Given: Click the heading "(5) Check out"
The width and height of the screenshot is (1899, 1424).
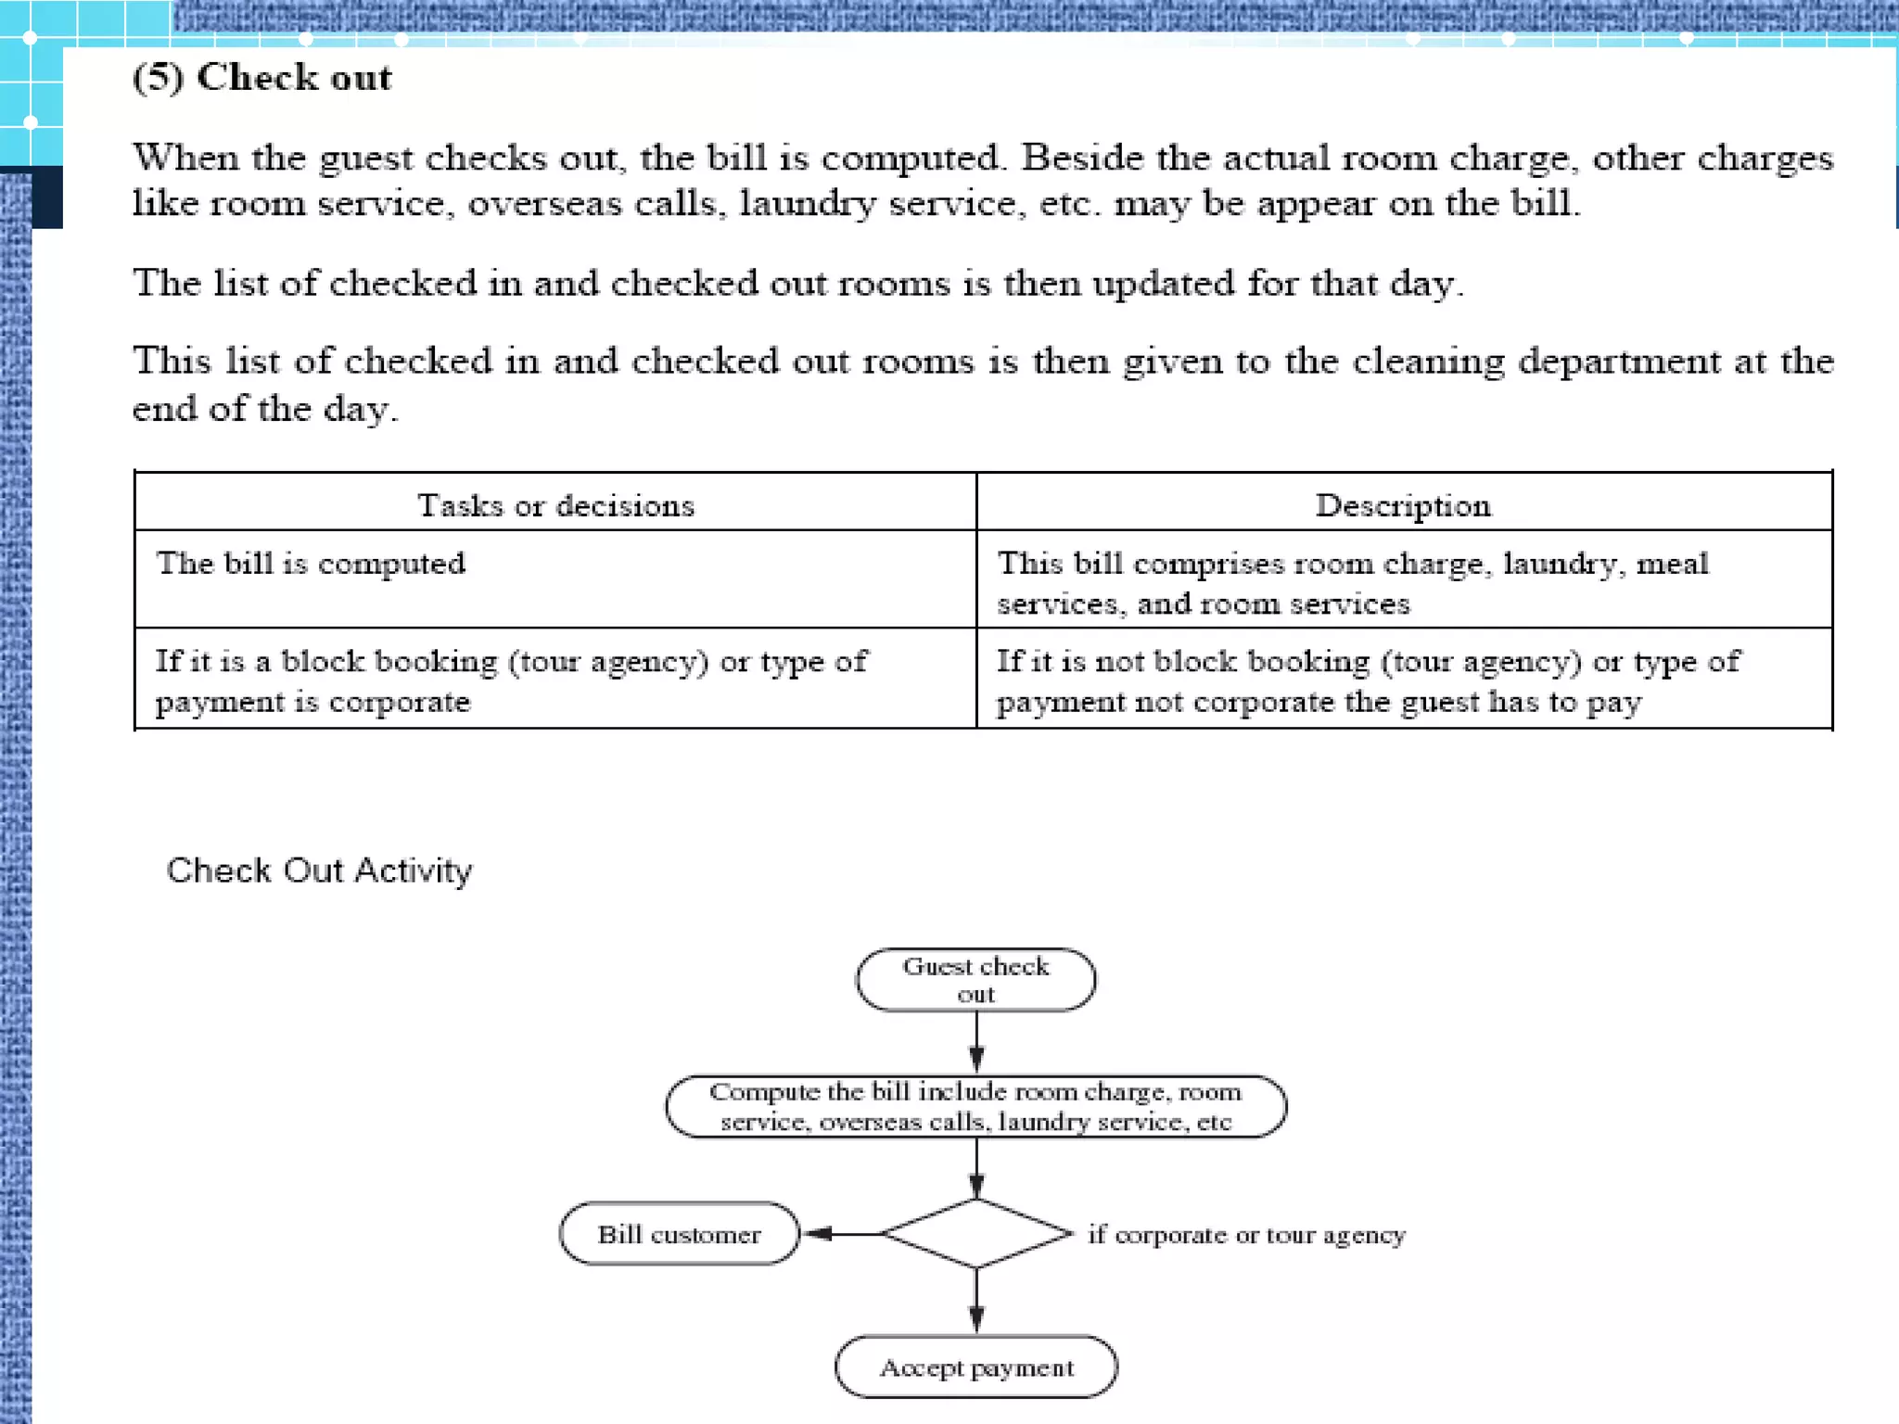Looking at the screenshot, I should pos(262,78).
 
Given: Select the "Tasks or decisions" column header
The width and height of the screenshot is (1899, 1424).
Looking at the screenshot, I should pos(555,505).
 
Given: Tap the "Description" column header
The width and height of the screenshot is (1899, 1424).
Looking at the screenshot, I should pos(1403,505).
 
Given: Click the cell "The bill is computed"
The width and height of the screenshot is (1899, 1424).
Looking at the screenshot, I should pos(311,564).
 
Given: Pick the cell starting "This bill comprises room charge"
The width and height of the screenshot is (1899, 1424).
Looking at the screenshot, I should pos(1352,583).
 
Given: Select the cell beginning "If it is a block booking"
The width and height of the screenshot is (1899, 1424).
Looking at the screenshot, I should pos(511,680).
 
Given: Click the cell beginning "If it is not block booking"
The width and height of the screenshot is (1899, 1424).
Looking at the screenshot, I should pos(1369,680).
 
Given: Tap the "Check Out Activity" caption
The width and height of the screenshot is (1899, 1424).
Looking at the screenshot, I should pos(319,871).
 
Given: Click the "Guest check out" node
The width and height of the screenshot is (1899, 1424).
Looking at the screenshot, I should pos(975,980).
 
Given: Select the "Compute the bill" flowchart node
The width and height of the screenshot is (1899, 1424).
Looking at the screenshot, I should pos(975,1106).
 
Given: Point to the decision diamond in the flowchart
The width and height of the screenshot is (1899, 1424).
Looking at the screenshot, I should pos(976,1233).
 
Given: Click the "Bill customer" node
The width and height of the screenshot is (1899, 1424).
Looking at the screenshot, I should pos(679,1234).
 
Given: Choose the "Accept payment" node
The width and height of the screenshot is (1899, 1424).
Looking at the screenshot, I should pos(976,1367).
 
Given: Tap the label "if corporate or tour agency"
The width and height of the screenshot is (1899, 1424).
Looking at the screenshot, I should pos(1246,1235).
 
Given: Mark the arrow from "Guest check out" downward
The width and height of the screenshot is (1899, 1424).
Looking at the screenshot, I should pos(976,1042).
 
